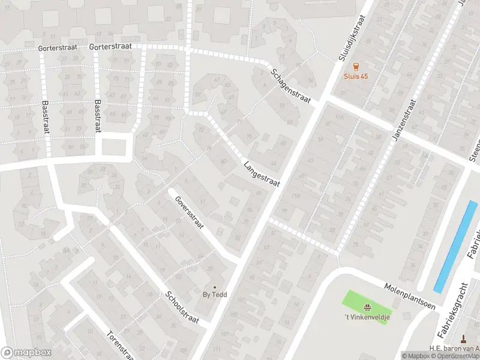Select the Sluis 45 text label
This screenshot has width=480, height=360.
[356, 76]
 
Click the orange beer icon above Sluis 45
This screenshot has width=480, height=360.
[356, 66]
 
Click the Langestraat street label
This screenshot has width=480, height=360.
[262, 173]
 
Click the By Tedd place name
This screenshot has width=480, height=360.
[214, 295]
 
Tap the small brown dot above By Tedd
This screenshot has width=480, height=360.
[214, 287]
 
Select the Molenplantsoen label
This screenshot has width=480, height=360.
[410, 289]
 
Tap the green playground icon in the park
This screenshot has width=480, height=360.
[365, 307]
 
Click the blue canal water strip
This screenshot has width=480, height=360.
[456, 246]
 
